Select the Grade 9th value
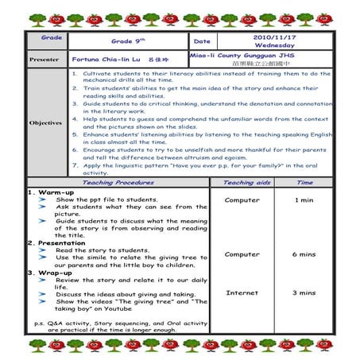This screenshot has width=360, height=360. tap(125, 41)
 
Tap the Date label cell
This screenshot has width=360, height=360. tap(202, 41)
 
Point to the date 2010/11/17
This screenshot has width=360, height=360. tap(273, 37)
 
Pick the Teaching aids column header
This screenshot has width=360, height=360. tap(242, 182)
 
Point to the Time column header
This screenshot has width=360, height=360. tap(304, 182)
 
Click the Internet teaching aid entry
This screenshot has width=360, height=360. tap(242, 292)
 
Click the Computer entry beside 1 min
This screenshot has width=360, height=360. tap(242, 199)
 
